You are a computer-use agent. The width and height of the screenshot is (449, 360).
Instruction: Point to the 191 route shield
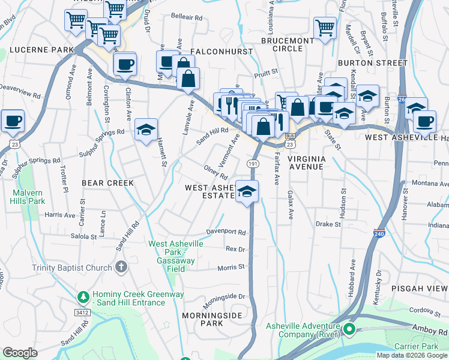coord(252,163)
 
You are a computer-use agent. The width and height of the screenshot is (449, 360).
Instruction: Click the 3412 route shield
coord(83,312)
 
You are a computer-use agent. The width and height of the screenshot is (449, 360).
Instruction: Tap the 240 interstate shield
coord(379,232)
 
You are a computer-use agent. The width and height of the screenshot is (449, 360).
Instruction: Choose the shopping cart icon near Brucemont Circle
coord(324,27)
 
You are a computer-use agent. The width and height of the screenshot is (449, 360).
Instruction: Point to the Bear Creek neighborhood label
coord(107,182)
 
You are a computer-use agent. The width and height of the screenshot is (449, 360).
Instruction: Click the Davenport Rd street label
coord(227,232)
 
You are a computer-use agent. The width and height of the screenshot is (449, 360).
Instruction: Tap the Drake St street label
coord(328,224)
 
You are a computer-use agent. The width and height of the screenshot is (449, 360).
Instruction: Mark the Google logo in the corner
coord(20,353)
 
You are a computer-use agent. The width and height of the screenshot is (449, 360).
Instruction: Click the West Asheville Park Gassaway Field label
coord(176,252)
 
